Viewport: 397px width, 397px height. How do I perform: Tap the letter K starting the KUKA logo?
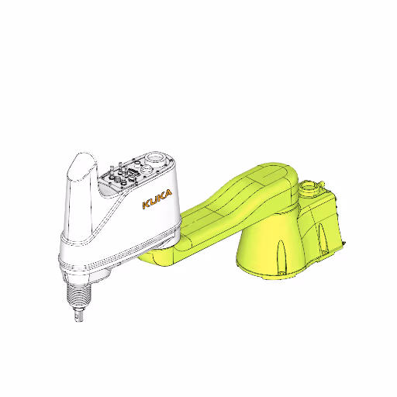(x=145, y=205)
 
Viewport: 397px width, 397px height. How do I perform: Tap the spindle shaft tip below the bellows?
(x=77, y=316)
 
